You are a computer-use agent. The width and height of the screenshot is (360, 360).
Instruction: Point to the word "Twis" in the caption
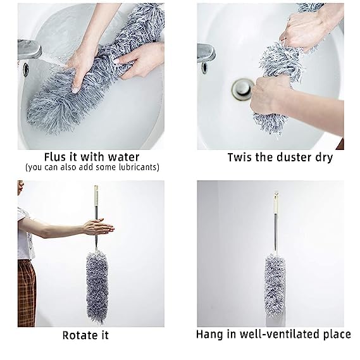pos(239,156)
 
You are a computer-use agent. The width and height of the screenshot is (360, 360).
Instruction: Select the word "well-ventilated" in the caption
pos(271,334)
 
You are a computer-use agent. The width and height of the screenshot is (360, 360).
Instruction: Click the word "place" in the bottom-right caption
pos(333,334)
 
